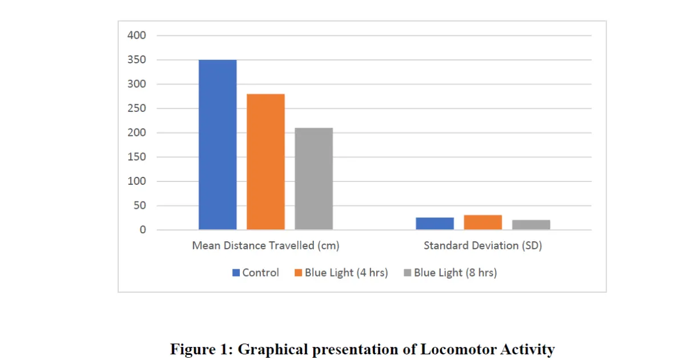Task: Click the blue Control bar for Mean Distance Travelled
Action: pyautogui.click(x=217, y=145)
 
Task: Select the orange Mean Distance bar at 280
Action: pyautogui.click(x=265, y=162)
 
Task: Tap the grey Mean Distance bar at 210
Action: pyautogui.click(x=313, y=179)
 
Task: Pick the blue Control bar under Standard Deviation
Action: pyautogui.click(x=434, y=224)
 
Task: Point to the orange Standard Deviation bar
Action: pyautogui.click(x=482, y=223)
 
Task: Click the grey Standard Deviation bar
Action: pyautogui.click(x=531, y=225)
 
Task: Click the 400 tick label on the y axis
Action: pyautogui.click(x=136, y=35)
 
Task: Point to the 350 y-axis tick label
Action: pyautogui.click(x=136, y=60)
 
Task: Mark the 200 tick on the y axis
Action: pyautogui.click(x=136, y=133)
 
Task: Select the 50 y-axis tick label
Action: pyautogui.click(x=139, y=206)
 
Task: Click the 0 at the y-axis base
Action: pyautogui.click(x=143, y=230)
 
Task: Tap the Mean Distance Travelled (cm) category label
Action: pyautogui.click(x=265, y=246)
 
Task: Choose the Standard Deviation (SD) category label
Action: pyautogui.click(x=482, y=246)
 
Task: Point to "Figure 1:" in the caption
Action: pyautogui.click(x=201, y=349)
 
